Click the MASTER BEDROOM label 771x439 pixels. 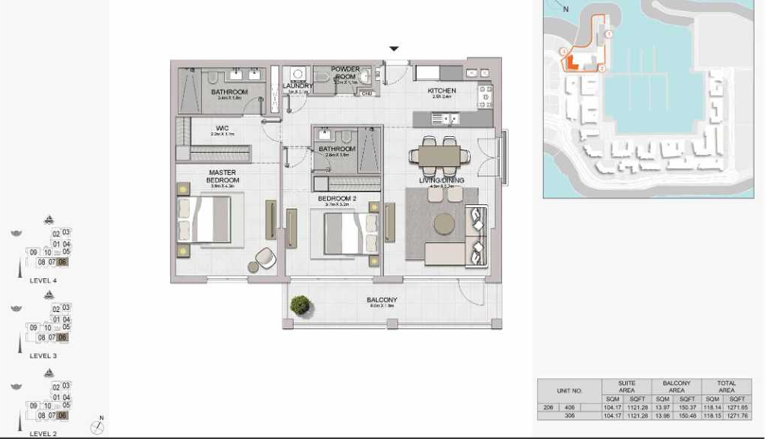point(223,176)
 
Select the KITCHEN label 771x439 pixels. point(441,91)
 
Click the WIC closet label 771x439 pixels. point(222,129)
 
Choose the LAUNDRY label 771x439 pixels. point(298,87)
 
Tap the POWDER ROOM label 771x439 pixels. point(346,73)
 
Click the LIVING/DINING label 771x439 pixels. point(441,181)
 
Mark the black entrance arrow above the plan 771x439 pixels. point(394,49)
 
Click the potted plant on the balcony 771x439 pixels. point(300,304)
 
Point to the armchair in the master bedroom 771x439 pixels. point(265,258)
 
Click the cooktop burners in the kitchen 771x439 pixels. point(484,95)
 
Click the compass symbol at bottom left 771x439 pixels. point(96,427)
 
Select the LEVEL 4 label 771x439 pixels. point(43,280)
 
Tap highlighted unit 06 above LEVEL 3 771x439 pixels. point(63,337)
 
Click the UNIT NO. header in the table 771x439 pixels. point(569,390)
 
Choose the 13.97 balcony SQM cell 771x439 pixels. point(663,408)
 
